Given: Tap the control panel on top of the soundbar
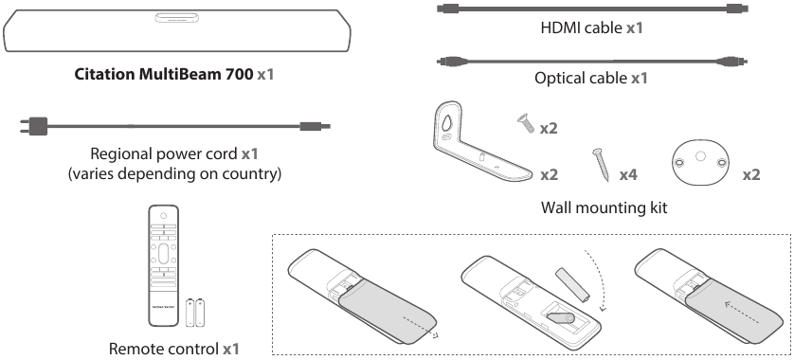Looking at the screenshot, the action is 176,18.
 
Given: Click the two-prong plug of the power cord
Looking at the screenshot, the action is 33,126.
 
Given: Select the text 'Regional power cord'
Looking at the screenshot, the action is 164,153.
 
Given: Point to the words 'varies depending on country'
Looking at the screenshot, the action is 174,173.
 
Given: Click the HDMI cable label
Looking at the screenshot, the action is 582,27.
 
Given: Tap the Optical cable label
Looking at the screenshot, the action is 581,78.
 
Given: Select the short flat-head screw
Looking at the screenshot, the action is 526,123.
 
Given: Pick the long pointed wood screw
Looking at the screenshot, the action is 601,164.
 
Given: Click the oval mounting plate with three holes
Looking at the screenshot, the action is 700,163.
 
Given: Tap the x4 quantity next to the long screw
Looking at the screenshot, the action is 628,174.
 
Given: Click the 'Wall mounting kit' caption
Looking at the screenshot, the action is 605,207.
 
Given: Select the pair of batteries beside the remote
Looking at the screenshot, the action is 195,312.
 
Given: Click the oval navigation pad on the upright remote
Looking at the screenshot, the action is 163,252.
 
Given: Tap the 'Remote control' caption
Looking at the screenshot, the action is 165,349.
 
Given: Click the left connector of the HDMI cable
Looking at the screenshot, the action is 447,9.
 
